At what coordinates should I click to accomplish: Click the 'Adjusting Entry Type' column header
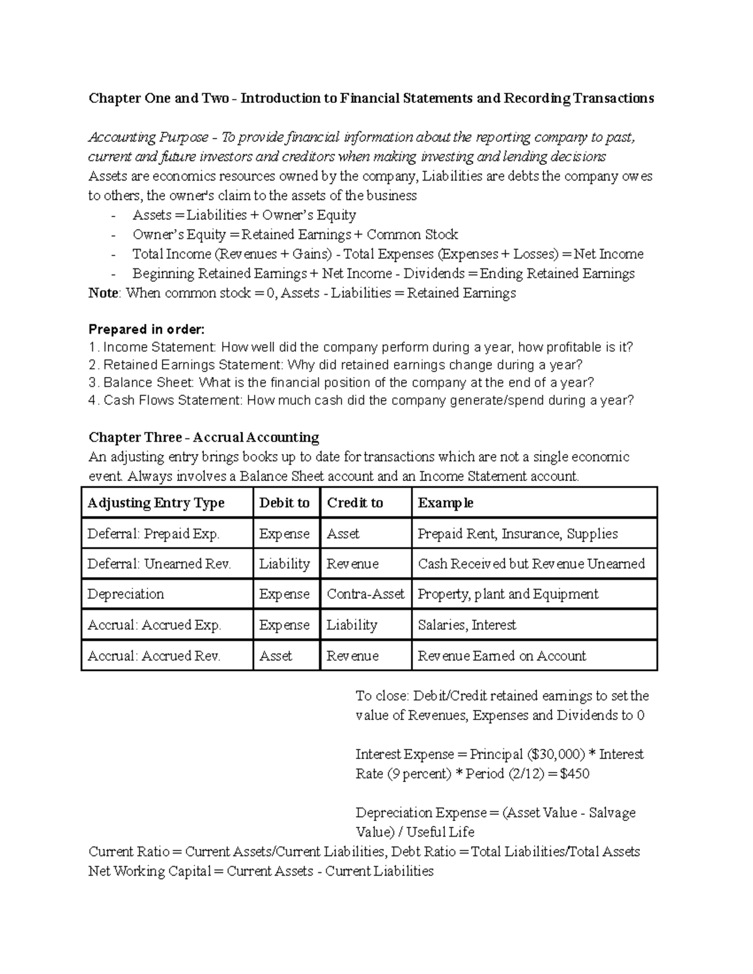(156, 503)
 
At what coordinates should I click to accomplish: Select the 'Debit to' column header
(284, 503)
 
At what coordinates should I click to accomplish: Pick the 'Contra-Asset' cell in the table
(365, 594)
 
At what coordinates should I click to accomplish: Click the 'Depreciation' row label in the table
(125, 594)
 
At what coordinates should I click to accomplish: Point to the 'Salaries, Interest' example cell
(467, 625)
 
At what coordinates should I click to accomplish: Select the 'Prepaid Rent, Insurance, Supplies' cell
(518, 534)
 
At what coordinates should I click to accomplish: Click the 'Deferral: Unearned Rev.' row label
(159, 564)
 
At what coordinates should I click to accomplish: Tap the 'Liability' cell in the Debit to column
(284, 564)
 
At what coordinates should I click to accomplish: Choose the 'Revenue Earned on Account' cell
(502, 655)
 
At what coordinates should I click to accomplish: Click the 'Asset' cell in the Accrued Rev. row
(275, 655)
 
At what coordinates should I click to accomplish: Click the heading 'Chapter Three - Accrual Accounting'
(204, 437)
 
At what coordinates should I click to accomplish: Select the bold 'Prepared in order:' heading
(147, 329)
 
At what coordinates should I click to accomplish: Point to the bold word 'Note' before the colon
(103, 293)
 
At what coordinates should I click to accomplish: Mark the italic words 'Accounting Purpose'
(148, 137)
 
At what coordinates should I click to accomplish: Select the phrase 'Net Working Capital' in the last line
(149, 871)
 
